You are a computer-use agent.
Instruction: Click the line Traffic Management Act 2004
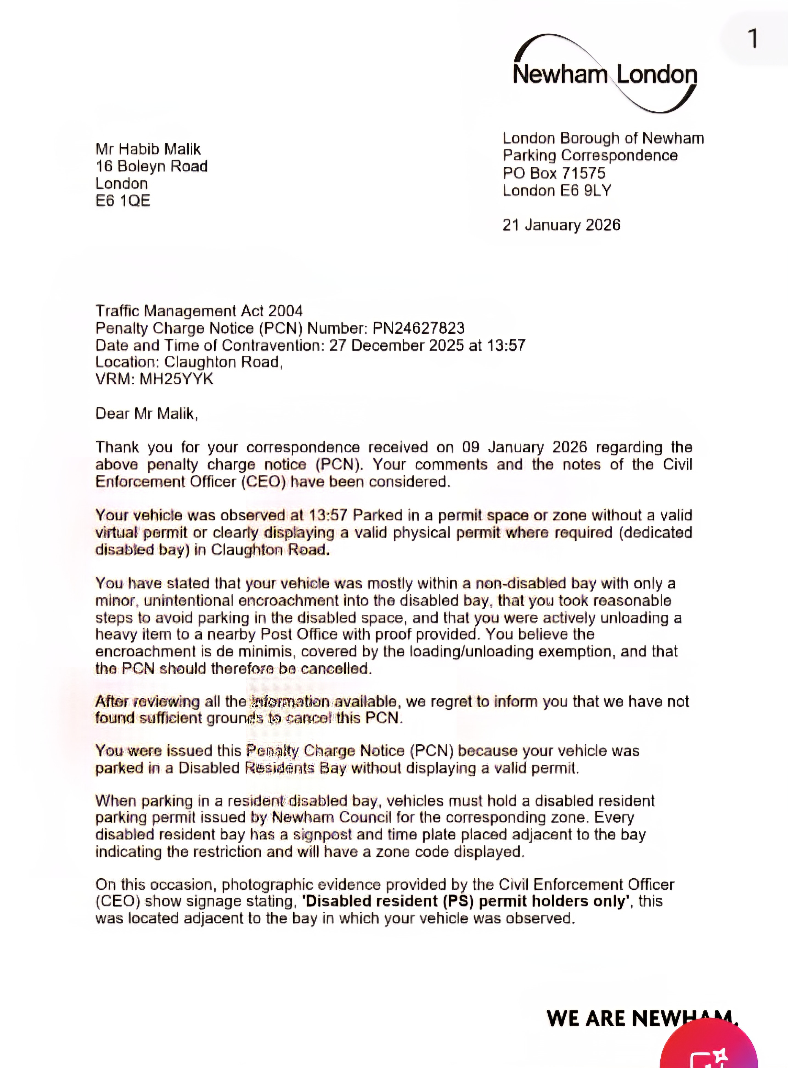click(x=199, y=311)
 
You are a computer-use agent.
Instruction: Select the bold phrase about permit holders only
click(x=464, y=901)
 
